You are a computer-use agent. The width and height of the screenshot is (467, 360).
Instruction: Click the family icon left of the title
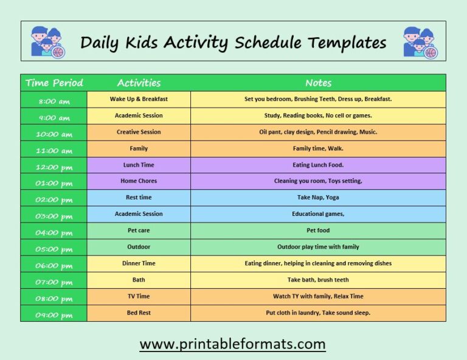click(x=47, y=42)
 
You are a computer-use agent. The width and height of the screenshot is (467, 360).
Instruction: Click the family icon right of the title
click(x=420, y=43)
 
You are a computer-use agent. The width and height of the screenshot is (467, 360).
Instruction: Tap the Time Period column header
click(x=54, y=83)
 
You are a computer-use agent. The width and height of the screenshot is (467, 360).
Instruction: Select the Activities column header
click(x=139, y=83)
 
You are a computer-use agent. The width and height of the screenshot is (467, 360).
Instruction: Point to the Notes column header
click(x=318, y=83)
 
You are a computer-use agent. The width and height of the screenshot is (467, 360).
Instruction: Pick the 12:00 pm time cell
click(x=54, y=167)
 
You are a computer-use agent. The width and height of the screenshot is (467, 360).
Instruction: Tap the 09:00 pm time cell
click(x=54, y=314)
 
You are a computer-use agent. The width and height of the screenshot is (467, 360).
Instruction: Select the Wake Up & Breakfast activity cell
click(x=139, y=99)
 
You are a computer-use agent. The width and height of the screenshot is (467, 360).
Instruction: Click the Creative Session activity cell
click(x=139, y=132)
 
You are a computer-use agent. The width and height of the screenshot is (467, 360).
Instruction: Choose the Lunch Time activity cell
click(x=139, y=165)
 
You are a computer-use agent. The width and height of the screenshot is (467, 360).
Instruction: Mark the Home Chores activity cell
click(x=139, y=181)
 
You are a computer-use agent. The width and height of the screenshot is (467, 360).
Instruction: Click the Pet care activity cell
click(x=139, y=230)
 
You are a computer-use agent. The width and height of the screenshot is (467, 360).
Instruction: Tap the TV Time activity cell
click(x=139, y=296)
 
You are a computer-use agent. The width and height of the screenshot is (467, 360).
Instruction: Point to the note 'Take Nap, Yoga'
click(x=318, y=198)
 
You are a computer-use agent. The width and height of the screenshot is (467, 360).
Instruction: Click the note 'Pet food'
click(x=318, y=230)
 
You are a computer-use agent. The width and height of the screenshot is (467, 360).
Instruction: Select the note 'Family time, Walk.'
click(x=318, y=148)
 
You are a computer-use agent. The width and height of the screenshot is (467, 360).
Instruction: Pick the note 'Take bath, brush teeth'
click(x=318, y=280)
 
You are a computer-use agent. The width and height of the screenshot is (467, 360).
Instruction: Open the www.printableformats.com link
click(x=233, y=344)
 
